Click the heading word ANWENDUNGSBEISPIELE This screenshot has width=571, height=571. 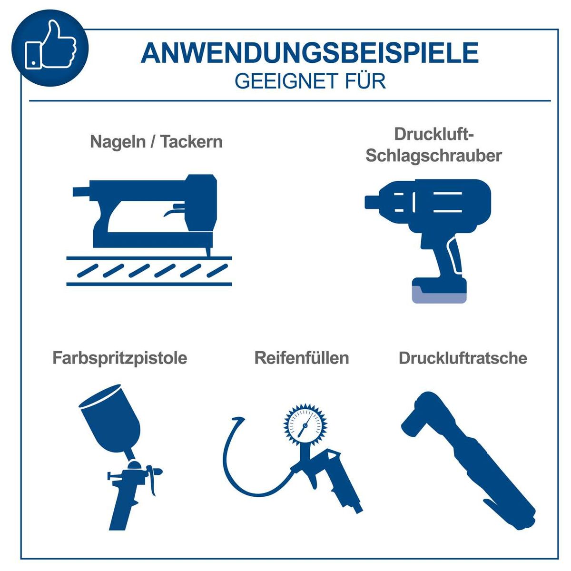tap(309, 53)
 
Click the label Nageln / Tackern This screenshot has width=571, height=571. tap(156, 142)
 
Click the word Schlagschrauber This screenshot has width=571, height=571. tap(433, 156)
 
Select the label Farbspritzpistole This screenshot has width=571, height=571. tap(119, 358)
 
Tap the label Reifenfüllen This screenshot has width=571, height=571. tap(302, 358)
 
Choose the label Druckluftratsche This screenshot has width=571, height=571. tap(463, 358)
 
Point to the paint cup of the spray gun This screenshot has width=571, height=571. tap(111, 419)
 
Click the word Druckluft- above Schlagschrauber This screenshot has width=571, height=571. tap(433, 134)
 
